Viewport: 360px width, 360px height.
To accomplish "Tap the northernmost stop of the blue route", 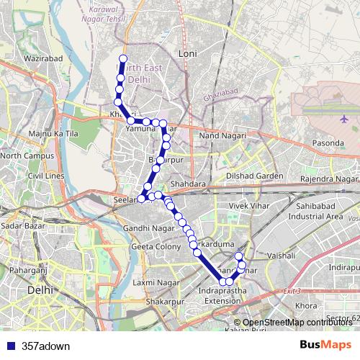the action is pyautogui.click(x=123, y=58).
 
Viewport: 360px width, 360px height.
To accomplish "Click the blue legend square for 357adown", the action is pyautogui.click(x=9, y=346).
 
